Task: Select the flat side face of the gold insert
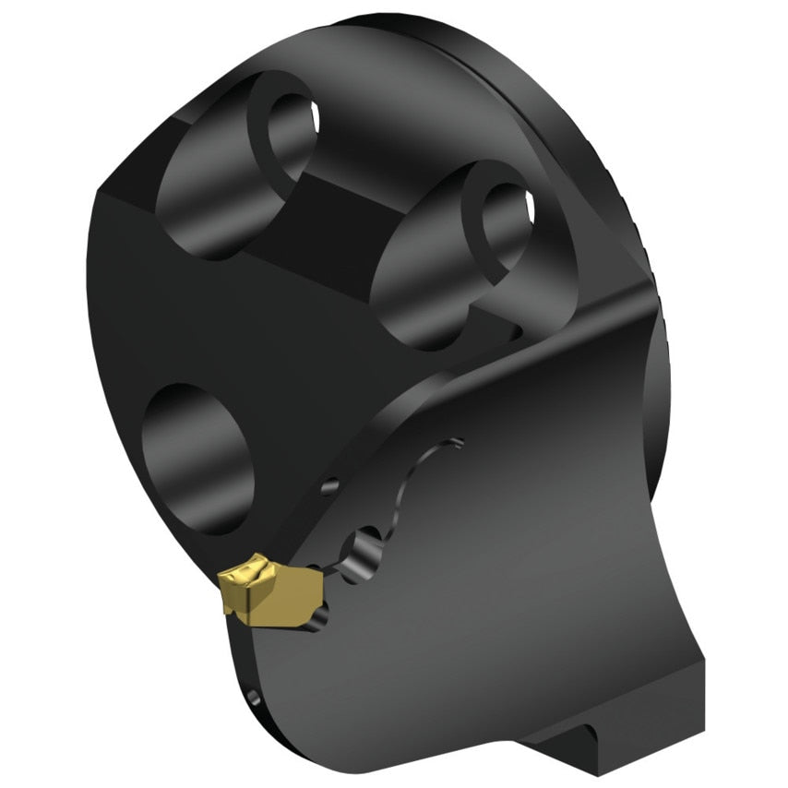(x=277, y=604)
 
